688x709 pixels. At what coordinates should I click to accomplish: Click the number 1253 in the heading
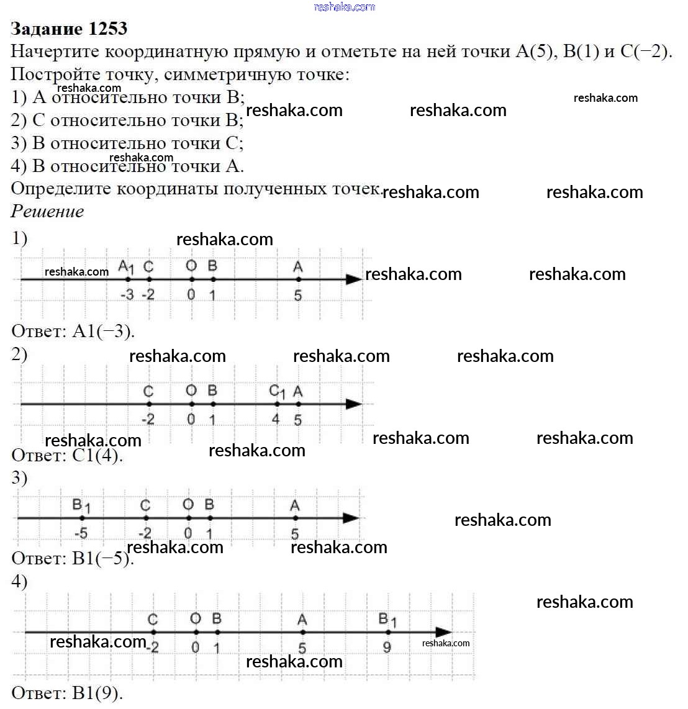click(108, 29)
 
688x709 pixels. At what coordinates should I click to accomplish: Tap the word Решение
click(47, 212)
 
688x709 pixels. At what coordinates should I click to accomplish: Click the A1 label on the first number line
click(126, 267)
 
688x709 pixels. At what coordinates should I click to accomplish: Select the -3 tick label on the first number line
click(127, 294)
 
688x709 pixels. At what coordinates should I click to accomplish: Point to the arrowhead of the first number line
click(354, 279)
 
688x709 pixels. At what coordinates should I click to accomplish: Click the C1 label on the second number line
click(277, 392)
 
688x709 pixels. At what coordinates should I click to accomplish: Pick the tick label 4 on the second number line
click(276, 419)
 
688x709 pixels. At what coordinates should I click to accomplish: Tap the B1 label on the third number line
click(81, 505)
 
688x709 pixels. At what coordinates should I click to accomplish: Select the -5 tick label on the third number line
click(81, 533)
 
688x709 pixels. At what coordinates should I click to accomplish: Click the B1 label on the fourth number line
click(387, 620)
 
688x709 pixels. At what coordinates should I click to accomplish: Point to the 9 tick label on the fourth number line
click(387, 648)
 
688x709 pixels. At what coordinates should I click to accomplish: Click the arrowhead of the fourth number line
click(443, 633)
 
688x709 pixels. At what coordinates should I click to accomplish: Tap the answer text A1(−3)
click(103, 331)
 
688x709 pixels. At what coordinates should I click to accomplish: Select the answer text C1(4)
click(97, 456)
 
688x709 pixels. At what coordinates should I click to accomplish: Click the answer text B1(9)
click(97, 693)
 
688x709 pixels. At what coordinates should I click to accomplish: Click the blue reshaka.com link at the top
click(345, 7)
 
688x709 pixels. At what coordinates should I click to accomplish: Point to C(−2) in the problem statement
click(646, 52)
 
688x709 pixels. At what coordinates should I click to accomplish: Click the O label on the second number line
click(191, 391)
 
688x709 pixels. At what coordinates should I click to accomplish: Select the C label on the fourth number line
click(153, 620)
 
